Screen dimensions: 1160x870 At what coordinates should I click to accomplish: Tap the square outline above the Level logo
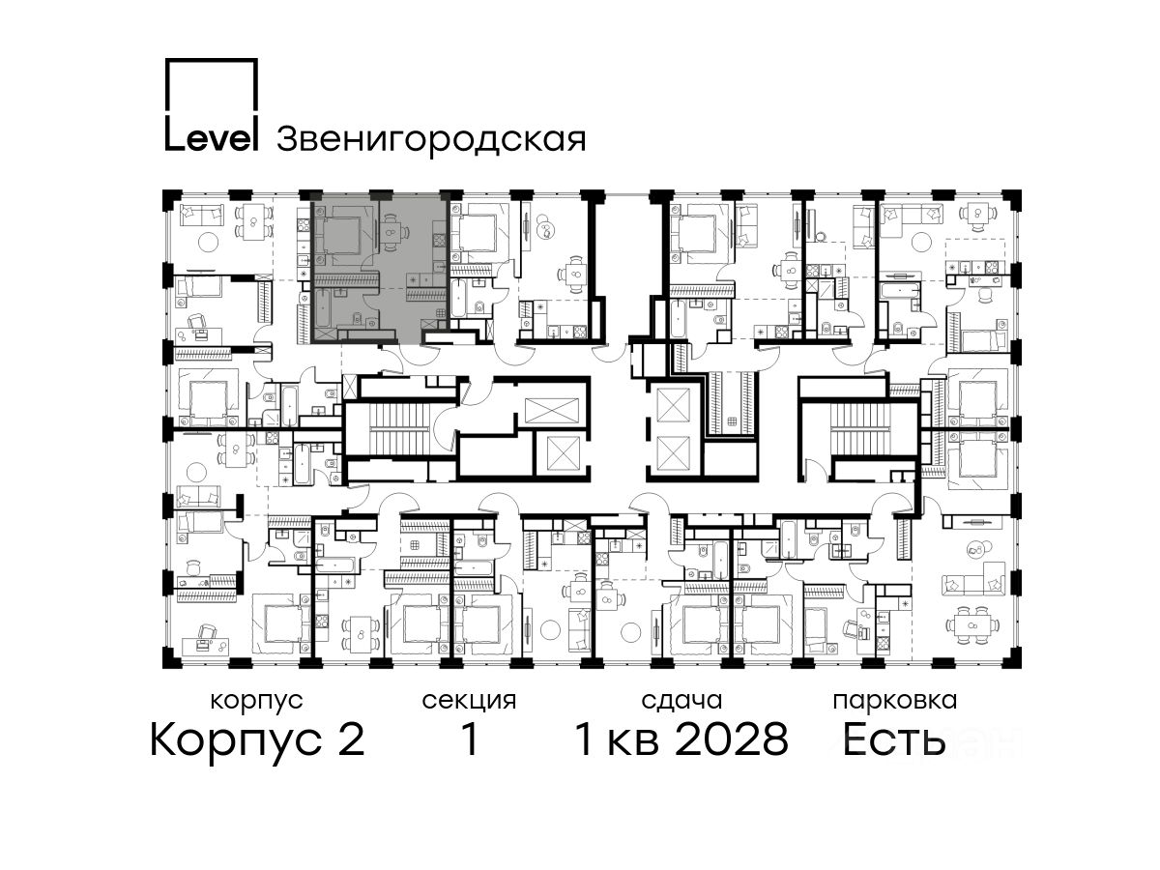pyautogui.click(x=211, y=59)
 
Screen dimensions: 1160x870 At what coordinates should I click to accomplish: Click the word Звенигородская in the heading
pyautogui.click(x=431, y=139)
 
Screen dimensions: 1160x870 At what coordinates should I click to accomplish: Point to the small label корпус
pyautogui.click(x=256, y=701)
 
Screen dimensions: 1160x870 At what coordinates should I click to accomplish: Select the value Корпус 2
pyautogui.click(x=258, y=739)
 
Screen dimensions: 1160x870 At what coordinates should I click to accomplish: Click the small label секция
pyautogui.click(x=469, y=701)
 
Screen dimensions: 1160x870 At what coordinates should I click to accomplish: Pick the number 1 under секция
pyautogui.click(x=469, y=739)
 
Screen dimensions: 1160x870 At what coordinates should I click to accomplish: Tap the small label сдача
pyautogui.click(x=681, y=701)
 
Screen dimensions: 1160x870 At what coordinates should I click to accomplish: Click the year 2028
pyautogui.click(x=732, y=739)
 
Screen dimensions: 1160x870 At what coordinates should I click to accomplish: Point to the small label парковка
pyautogui.click(x=895, y=701)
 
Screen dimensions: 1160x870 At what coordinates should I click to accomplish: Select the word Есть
pyautogui.click(x=893, y=739)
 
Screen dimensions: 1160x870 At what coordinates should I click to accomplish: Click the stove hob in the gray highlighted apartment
pyautogui.click(x=440, y=241)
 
